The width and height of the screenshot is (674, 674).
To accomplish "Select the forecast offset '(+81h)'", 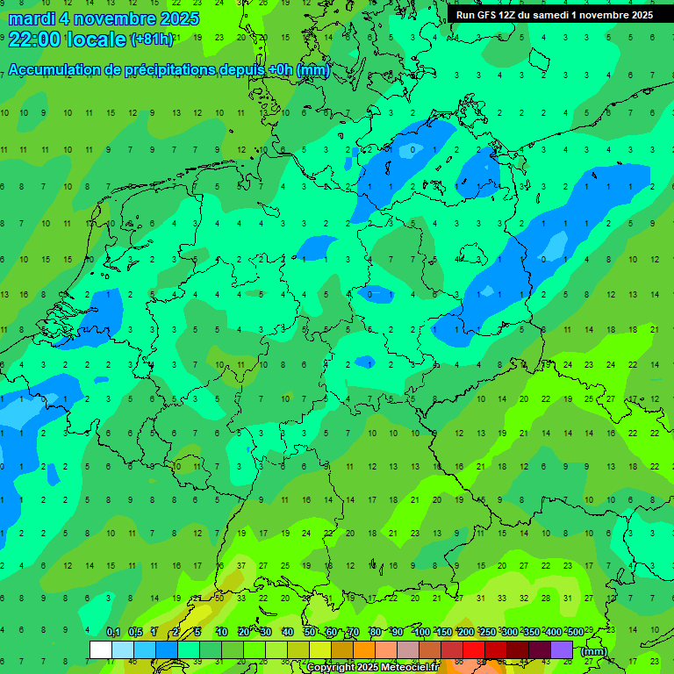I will (151, 39).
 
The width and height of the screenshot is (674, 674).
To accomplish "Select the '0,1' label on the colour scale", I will (112, 633).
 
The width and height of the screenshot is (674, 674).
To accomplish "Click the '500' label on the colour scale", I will (575, 633).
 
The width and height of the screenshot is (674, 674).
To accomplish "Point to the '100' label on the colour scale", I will (421, 633).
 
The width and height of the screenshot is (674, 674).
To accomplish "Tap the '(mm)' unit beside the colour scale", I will (594, 651).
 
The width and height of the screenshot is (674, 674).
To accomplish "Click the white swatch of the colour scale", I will (101, 649).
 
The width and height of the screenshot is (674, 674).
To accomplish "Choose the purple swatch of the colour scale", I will (562, 649).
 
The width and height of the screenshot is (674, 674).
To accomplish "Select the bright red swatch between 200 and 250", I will (474, 649).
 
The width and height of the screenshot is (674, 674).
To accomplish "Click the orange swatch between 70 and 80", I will (364, 649).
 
